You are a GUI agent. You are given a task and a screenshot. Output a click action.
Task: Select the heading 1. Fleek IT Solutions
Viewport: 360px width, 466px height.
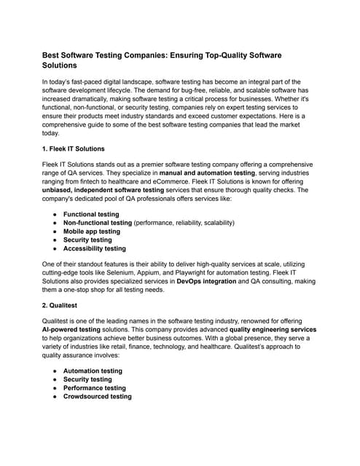point(73,149)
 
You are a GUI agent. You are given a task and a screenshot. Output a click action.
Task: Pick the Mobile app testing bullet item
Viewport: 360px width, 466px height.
point(92,231)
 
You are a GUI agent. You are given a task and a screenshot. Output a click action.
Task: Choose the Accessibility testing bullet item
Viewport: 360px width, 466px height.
point(94,248)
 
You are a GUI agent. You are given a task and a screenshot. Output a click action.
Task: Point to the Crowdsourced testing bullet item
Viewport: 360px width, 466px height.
point(97,397)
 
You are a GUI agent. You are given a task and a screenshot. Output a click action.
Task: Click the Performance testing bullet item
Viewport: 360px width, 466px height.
point(94,388)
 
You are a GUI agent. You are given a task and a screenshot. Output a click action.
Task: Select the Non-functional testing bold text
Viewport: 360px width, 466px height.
point(98,222)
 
